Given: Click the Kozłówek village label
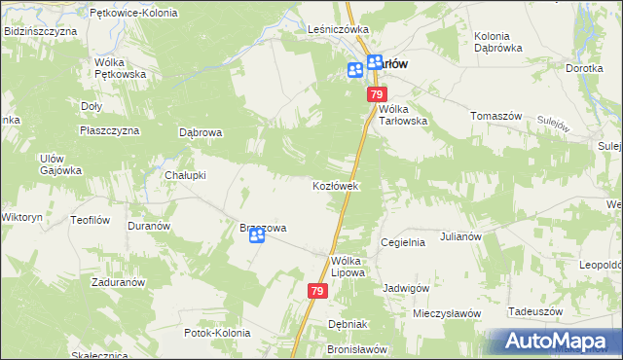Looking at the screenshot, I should pos(337,185).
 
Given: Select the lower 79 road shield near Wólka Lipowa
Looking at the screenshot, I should pos(317,291).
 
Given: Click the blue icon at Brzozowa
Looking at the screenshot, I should pos(256,247).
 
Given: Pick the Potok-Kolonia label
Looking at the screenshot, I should pos(216,333).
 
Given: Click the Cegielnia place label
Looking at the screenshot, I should pos(403,242).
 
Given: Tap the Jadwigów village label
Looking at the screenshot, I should pos(406,288).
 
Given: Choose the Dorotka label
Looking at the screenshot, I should pos(585,69).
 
